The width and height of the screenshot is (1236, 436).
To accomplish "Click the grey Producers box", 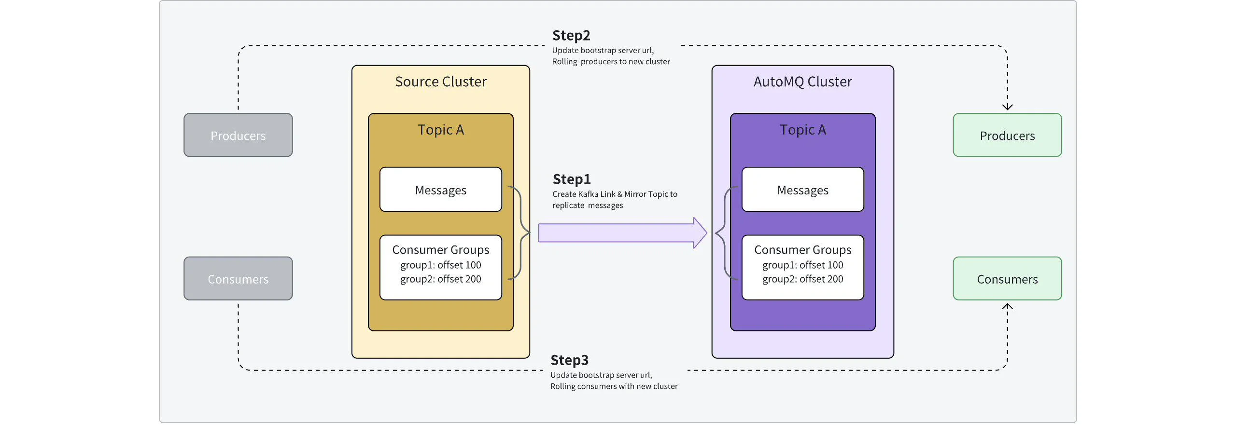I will pyautogui.click(x=238, y=136).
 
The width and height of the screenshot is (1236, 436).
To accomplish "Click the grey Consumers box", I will pyautogui.click(x=238, y=279).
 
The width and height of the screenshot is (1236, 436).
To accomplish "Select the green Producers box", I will pyautogui.click(x=1007, y=136).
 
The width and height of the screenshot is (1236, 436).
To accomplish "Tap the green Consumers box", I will pyautogui.click(x=1007, y=279).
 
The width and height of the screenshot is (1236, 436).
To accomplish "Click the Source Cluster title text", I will pyautogui.click(x=440, y=82).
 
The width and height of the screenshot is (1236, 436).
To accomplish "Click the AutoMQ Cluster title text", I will pyautogui.click(x=802, y=82).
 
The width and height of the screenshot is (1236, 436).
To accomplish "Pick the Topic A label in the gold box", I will pyautogui.click(x=440, y=130).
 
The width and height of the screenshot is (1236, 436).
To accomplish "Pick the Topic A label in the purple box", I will pyautogui.click(x=802, y=130).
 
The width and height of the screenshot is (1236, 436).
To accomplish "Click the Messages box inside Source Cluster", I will pyautogui.click(x=440, y=190).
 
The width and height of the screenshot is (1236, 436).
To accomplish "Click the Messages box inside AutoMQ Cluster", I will pyautogui.click(x=802, y=190).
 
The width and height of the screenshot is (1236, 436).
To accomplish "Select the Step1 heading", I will pyautogui.click(x=572, y=179).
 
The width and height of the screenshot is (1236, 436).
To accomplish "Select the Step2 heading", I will pyautogui.click(x=571, y=36).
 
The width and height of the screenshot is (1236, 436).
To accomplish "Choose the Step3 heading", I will pyautogui.click(x=569, y=360).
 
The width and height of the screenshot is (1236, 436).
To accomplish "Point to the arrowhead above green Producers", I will pyautogui.click(x=1007, y=107).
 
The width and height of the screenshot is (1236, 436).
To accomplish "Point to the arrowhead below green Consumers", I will pyautogui.click(x=1007, y=306).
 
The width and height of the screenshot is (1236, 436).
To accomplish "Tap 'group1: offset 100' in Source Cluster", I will pyautogui.click(x=440, y=265).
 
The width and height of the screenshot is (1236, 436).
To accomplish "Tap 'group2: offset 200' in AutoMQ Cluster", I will pyautogui.click(x=802, y=279).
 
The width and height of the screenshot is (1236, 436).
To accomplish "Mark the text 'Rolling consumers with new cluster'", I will pyautogui.click(x=614, y=386).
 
